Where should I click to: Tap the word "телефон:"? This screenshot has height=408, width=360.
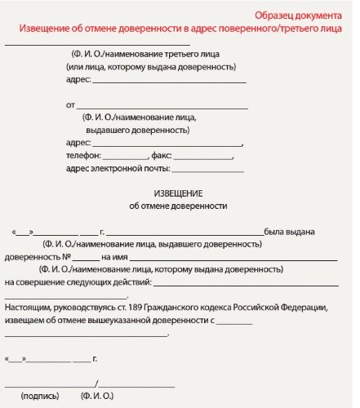coord(83,155)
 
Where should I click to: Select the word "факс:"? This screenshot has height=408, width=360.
coord(161,155)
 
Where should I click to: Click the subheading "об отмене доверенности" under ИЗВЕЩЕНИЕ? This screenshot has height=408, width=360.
coord(179,206)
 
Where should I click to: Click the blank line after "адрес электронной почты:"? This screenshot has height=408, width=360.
coord(208,171)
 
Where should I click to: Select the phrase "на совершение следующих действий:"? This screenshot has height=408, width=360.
coord(78,282)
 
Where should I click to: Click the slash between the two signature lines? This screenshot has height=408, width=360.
coord(96,383)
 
